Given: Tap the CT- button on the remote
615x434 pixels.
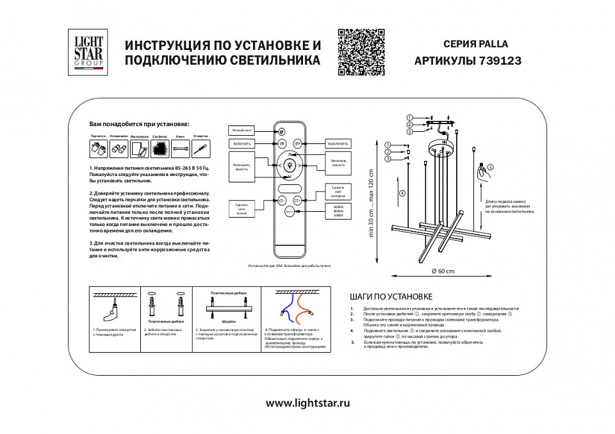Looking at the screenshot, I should (x=282, y=200).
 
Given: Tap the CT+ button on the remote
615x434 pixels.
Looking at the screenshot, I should (x=297, y=200).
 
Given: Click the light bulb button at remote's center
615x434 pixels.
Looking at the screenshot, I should (x=289, y=165).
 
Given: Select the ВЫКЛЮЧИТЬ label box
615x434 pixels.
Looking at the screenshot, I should (x=337, y=143).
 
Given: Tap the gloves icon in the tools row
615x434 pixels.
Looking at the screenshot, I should (x=99, y=149).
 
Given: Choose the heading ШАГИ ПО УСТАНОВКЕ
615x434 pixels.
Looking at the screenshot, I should (x=391, y=297).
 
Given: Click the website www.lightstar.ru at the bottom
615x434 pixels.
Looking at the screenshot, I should (x=307, y=403).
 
